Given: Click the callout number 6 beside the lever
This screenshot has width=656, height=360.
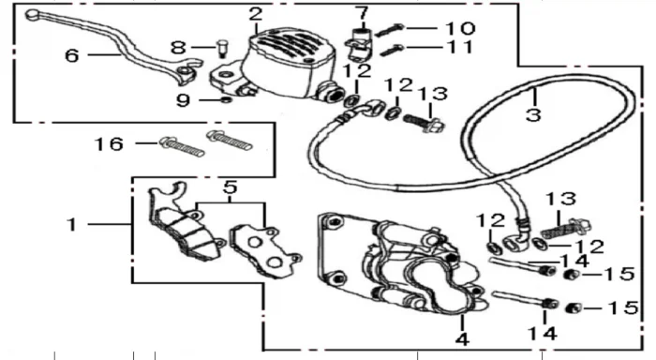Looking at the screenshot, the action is click(x=72, y=55).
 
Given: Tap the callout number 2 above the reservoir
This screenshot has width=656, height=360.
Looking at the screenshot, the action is click(x=256, y=14).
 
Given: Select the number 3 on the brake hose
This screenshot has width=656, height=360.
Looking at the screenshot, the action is click(x=533, y=114).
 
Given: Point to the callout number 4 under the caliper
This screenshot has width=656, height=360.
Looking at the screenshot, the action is click(x=462, y=339).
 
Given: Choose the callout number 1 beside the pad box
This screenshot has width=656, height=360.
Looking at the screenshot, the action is click(x=72, y=224).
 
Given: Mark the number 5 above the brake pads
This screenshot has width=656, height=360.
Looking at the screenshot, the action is click(x=230, y=187).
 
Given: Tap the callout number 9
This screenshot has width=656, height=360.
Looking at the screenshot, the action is click(x=184, y=100).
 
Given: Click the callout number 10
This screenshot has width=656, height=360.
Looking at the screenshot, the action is click(x=460, y=28).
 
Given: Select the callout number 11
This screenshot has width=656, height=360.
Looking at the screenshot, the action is click(x=460, y=47).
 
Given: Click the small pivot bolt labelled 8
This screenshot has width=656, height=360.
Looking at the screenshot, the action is click(x=222, y=48).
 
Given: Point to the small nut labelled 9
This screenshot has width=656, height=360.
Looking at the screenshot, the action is click(x=227, y=99).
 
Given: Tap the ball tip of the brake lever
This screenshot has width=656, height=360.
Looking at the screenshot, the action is click(x=32, y=15).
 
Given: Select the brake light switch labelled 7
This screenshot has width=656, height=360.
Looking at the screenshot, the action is click(x=359, y=45).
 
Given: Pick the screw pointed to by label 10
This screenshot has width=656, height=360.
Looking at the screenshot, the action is click(x=389, y=30).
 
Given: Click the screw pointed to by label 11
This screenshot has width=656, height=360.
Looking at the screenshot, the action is click(x=392, y=51).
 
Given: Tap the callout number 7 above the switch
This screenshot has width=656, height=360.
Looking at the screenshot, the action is click(x=362, y=13).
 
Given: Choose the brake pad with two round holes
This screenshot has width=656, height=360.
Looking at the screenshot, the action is click(x=265, y=250).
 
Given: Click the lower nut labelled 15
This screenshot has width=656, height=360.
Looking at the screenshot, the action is click(x=574, y=309).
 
